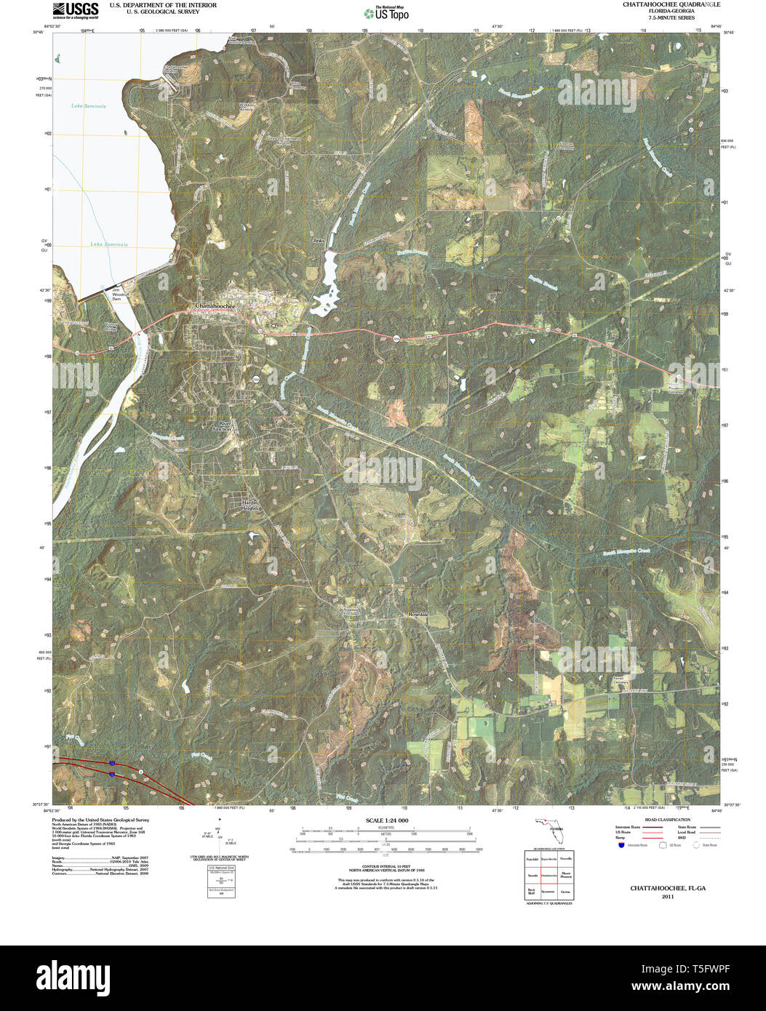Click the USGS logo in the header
(x=75, y=10)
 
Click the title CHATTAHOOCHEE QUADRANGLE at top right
(x=661, y=4)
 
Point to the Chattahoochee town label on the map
(x=215, y=306)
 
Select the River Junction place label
(x=222, y=426)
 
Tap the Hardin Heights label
(x=250, y=505)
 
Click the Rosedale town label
(x=420, y=615)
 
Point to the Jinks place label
(x=318, y=240)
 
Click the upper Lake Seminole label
(x=89, y=106)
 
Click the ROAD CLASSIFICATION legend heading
(x=660, y=818)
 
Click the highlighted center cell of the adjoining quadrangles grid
(x=549, y=875)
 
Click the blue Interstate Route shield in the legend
(x=621, y=845)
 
